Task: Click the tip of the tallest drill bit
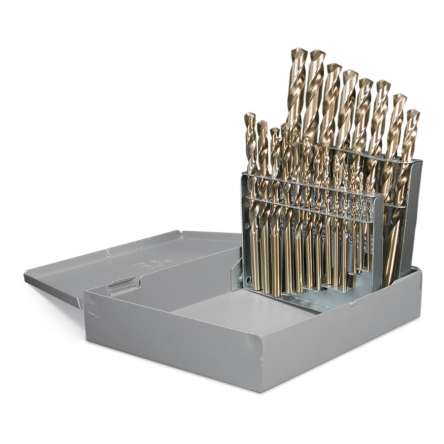coord(298,50)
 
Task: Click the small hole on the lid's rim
coord(108,253)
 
